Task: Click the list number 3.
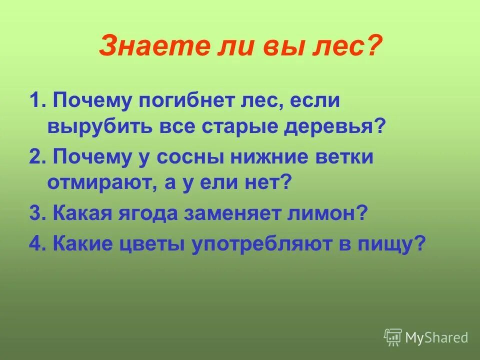click(x=34, y=214)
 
